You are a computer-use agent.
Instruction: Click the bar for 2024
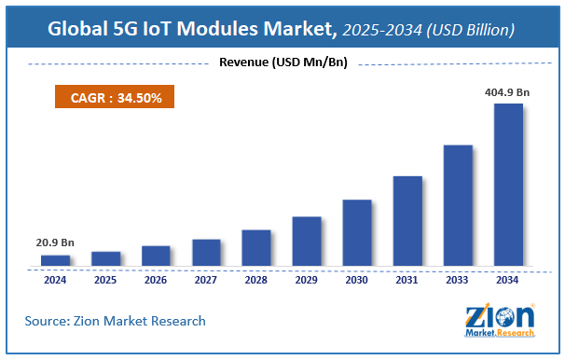coord(55,259)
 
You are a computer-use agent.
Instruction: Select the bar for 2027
coord(206,252)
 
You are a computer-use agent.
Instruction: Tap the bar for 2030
coord(356,232)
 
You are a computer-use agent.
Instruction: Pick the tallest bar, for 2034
coord(507,184)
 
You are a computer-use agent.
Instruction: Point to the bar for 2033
coord(457,204)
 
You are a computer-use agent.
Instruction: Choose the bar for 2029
coord(306,241)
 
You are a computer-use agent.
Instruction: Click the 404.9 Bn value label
coord(509,93)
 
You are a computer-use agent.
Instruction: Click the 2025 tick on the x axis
coord(105,279)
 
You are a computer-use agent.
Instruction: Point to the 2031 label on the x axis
coord(407,279)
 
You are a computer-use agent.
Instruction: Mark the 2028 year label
coord(256,279)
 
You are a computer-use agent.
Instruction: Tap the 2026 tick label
coord(156,279)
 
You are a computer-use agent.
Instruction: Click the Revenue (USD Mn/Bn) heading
coord(282,63)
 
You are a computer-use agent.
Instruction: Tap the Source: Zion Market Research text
coord(116,321)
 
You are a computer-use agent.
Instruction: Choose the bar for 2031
coord(407,220)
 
